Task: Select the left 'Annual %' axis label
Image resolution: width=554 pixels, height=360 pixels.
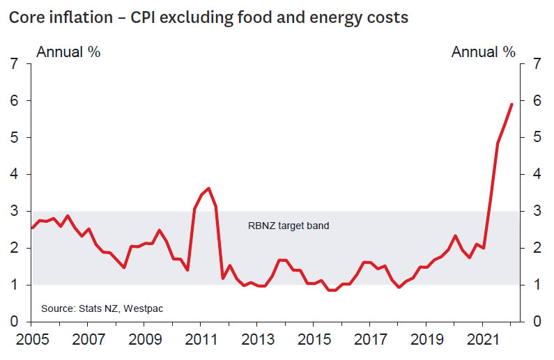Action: point(68,52)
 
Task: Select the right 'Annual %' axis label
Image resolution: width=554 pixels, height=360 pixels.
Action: point(484,52)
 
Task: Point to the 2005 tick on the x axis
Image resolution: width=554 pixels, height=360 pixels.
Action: point(31,342)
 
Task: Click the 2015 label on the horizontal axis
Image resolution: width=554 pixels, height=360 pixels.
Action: point(313,342)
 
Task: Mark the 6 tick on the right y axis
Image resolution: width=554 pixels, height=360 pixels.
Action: point(537,101)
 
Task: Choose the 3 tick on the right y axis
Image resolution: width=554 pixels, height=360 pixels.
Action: point(537,212)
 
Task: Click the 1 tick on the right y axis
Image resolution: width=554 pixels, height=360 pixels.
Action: point(537,285)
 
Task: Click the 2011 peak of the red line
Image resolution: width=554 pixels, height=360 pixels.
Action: point(209,188)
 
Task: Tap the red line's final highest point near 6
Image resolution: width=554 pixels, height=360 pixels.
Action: point(512,104)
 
